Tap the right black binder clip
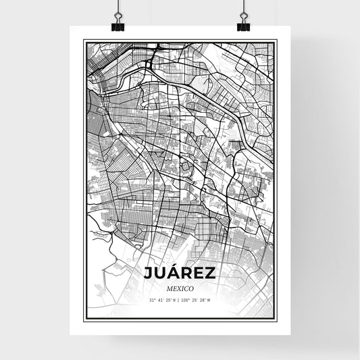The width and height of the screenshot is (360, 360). tap(242, 26)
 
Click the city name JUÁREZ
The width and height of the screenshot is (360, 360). tap(179, 273)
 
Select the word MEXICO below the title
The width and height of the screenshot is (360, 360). tap(179, 288)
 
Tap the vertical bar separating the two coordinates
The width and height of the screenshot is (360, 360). tap(180, 300)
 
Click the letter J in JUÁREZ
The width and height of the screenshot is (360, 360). tap(148, 274)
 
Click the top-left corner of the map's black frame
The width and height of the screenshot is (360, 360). tap(84, 41)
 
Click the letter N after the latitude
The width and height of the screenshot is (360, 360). tap(175, 300)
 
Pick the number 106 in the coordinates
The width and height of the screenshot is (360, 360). tap(188, 300)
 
